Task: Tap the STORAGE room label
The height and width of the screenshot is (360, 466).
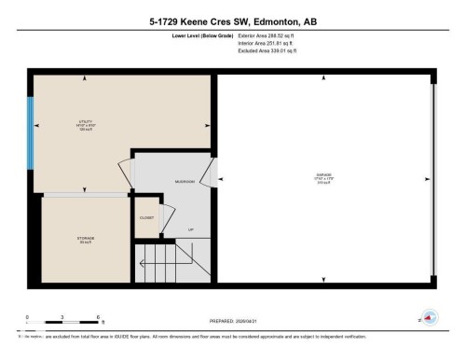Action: [85, 239]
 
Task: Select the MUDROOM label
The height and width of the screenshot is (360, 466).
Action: [185, 182]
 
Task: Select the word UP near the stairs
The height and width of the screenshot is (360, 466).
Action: [191, 229]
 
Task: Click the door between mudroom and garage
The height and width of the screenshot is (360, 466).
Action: [211, 172]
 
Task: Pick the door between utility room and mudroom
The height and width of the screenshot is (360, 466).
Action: [122, 172]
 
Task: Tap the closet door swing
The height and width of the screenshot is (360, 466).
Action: [168, 219]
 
